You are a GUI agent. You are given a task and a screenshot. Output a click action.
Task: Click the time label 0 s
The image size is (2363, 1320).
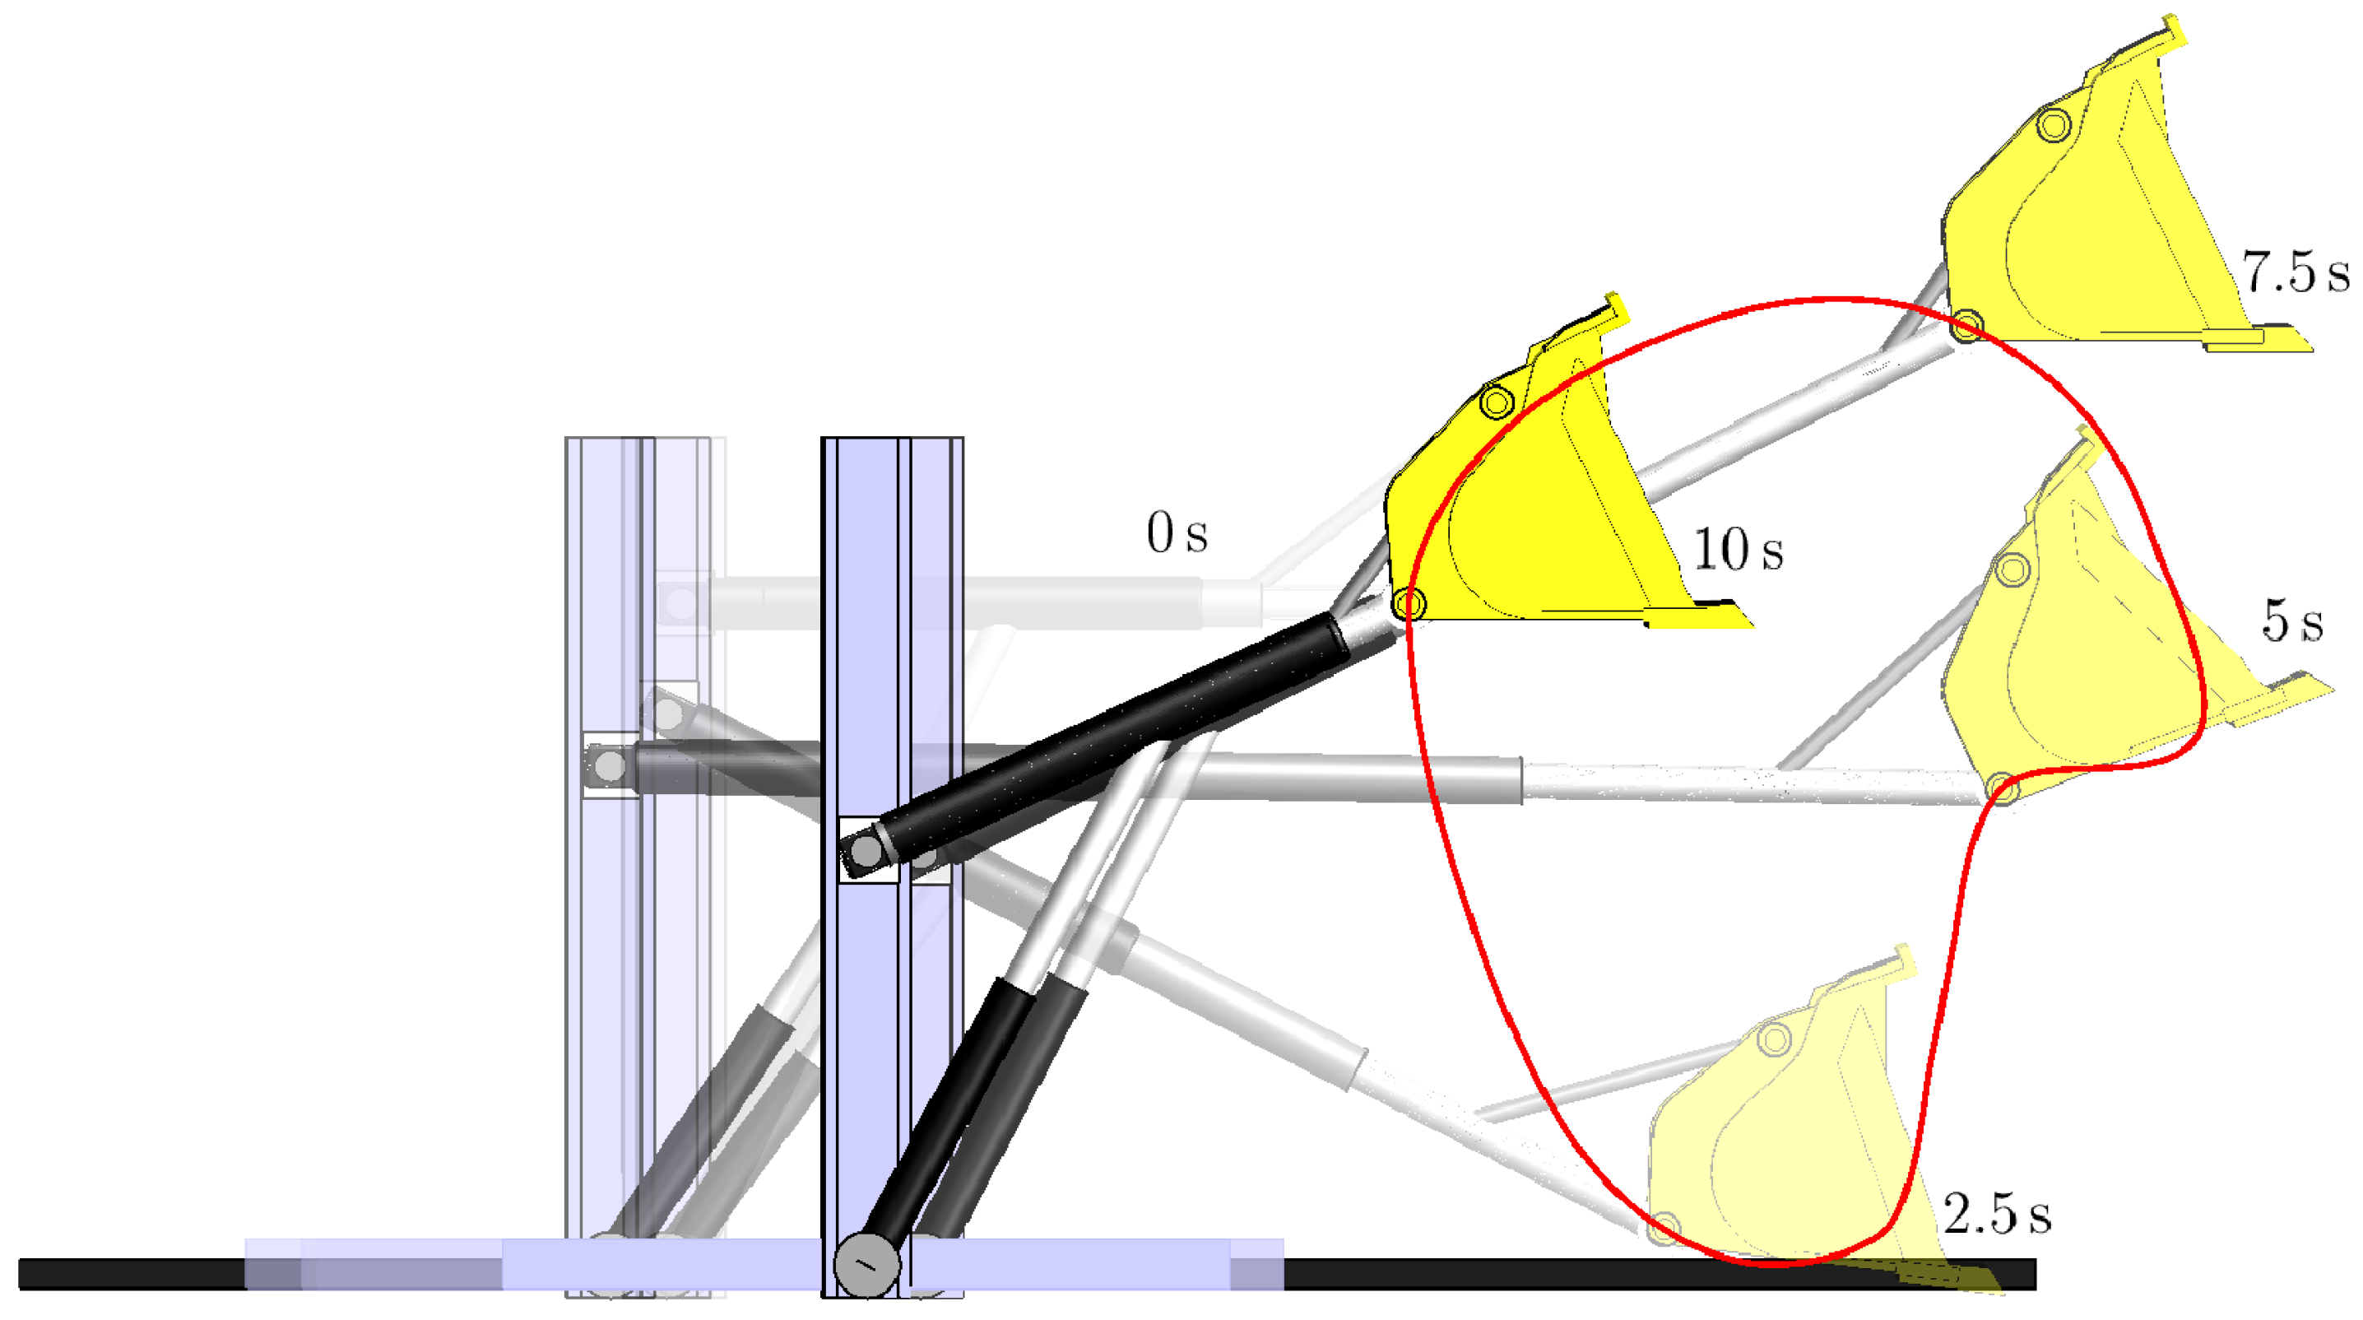point(1177,533)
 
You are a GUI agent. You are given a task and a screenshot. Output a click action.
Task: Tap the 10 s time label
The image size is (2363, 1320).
point(1738,551)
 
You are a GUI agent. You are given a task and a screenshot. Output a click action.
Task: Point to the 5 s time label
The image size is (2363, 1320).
point(2292,620)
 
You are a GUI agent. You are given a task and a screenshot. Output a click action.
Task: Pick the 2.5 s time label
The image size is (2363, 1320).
point(1997,1214)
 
